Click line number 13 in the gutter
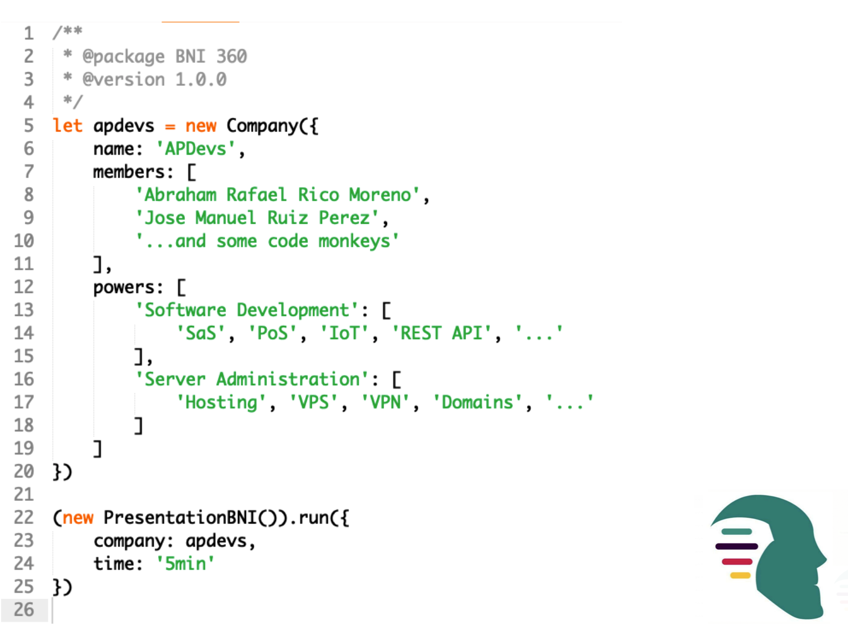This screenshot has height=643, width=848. [x=24, y=310]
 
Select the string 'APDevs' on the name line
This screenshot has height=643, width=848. [x=196, y=149]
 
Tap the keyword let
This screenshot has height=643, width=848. [x=67, y=126]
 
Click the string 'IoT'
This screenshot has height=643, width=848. [x=344, y=333]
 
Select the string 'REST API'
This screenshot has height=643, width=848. [x=441, y=333]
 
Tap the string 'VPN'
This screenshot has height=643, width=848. [x=385, y=403]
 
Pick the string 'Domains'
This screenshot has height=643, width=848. [x=477, y=403]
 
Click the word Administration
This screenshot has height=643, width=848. [x=288, y=380]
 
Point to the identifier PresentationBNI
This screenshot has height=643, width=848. [x=180, y=518]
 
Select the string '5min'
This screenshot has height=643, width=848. [x=186, y=564]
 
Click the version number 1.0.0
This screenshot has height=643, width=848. [x=201, y=80]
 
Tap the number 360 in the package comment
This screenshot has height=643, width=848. [x=231, y=56]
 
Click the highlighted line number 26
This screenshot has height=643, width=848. [x=24, y=610]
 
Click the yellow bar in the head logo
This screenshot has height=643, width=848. [x=740, y=575]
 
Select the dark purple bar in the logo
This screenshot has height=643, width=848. [x=736, y=546]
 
